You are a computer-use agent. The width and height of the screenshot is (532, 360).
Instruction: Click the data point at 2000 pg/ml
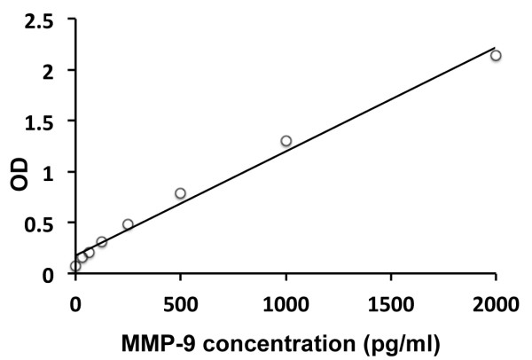point(496,55)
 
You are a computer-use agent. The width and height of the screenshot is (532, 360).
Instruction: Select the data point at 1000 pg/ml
point(286,141)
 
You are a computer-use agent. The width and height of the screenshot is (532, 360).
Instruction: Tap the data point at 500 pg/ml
point(180,193)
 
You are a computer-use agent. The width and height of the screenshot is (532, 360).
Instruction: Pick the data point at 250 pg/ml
point(128,224)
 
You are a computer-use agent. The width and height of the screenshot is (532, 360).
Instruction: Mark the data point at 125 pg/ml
point(101,241)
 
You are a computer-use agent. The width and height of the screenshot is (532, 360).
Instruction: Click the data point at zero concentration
point(75,265)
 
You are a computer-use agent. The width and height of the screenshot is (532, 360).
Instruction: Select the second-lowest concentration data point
point(82,257)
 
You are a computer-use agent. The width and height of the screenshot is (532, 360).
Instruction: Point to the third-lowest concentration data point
point(89,253)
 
